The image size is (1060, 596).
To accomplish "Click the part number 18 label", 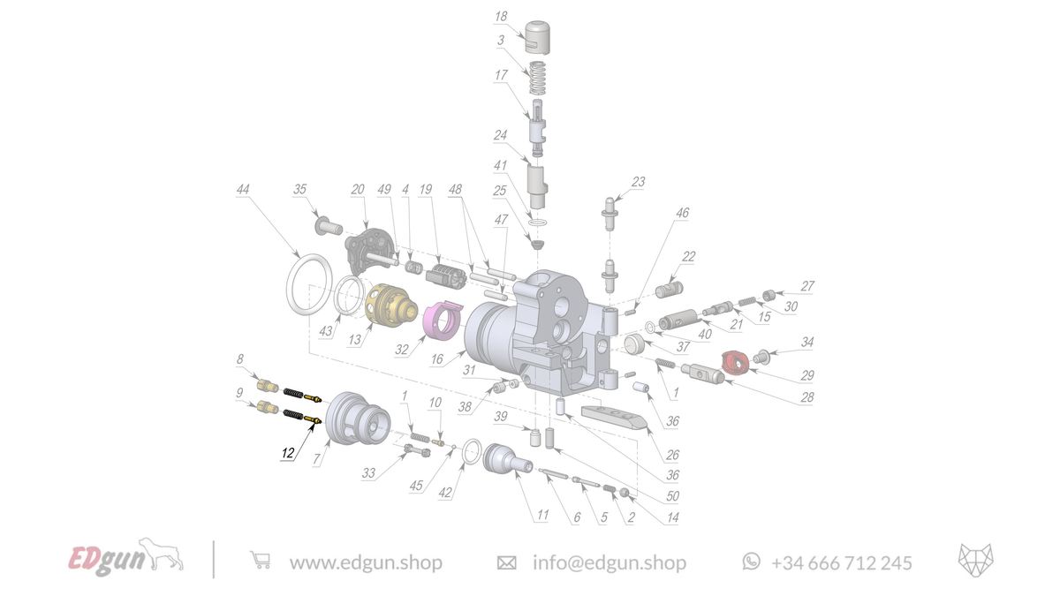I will coord(501,17).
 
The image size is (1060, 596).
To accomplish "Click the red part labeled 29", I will coord(734,360).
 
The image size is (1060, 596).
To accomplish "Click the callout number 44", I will coord(243,190).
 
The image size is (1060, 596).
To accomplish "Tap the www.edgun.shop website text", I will coord(366,562).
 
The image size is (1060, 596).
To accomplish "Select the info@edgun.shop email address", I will coord(609,562).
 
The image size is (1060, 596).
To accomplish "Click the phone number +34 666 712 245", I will coord(841,562).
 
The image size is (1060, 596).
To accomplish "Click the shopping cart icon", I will coord(260,561).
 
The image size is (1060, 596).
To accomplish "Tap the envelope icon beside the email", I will coord(507,562).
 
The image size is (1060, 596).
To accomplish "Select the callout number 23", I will coord(638,183).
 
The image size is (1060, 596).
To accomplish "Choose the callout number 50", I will coord(673,497).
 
